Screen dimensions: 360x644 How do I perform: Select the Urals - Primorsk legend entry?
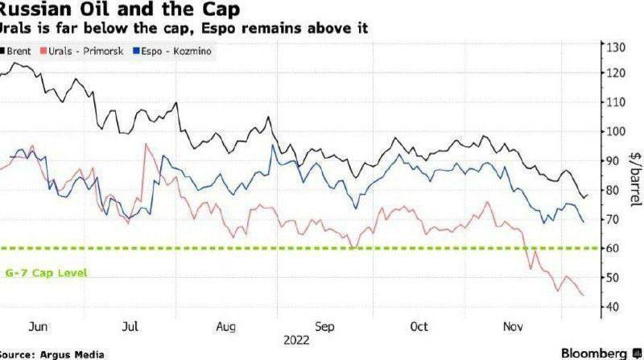click(x=77, y=50)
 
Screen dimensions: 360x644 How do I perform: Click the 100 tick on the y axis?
click(x=616, y=131)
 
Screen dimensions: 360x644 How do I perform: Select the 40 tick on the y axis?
click(x=613, y=307)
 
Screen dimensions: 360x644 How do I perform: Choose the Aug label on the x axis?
click(x=226, y=328)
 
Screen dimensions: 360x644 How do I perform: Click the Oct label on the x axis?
click(x=419, y=328)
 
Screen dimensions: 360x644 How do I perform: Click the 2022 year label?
click(x=296, y=341)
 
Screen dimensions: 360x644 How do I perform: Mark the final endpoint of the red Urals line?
click(x=584, y=296)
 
